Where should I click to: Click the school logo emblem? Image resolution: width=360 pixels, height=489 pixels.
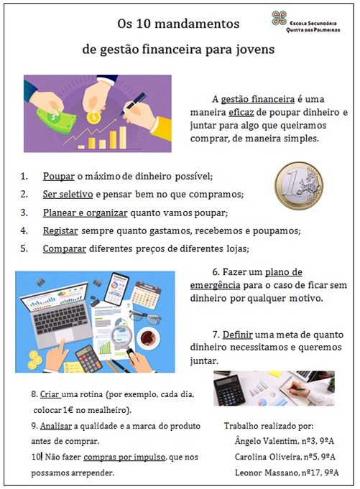click(x=279, y=18)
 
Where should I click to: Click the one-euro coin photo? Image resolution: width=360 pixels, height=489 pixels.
click(x=298, y=185)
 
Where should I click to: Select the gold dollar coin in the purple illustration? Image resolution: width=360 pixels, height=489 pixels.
click(x=93, y=117)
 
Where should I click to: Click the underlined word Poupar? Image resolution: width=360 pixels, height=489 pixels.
click(x=59, y=176)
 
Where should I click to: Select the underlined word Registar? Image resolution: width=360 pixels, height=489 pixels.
click(x=60, y=230)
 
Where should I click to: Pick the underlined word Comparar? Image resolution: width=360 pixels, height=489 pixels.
click(x=64, y=248)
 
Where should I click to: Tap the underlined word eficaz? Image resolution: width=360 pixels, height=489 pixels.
click(x=241, y=112)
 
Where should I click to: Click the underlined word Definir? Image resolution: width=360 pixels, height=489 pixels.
click(x=237, y=335)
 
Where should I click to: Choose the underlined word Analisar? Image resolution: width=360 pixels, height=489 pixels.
click(x=56, y=426)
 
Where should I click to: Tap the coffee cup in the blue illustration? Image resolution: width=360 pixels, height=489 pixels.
click(x=148, y=338)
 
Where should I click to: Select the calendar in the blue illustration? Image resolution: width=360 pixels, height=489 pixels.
click(x=145, y=294)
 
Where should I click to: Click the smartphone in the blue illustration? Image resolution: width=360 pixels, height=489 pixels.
click(x=116, y=289)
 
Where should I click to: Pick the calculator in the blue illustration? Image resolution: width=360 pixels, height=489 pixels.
click(x=88, y=359)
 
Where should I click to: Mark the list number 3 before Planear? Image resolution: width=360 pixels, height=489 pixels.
click(x=24, y=213)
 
